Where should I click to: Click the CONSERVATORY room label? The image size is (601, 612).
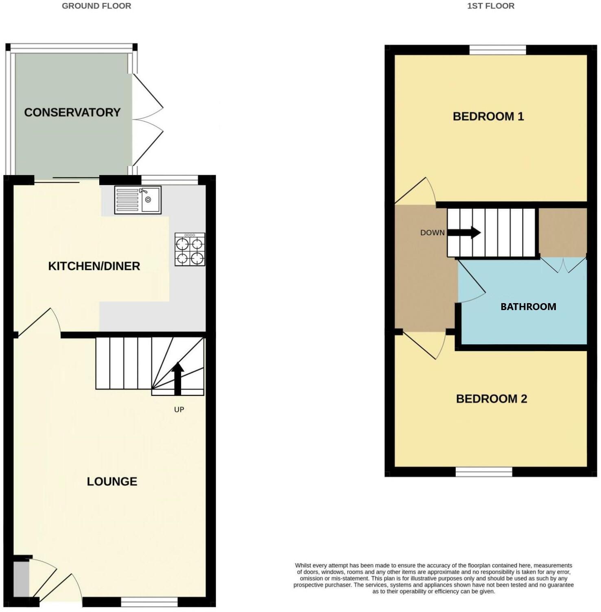[72, 112]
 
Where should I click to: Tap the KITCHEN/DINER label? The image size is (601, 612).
[94, 266]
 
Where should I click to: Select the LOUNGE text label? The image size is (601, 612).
[112, 481]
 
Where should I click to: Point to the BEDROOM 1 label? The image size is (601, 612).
[488, 116]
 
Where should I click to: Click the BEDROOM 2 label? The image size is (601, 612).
[492, 399]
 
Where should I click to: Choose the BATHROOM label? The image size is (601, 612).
[528, 307]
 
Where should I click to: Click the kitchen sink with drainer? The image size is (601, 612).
[138, 200]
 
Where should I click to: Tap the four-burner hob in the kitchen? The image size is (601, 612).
[190, 250]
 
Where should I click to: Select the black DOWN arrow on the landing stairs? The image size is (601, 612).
[464, 233]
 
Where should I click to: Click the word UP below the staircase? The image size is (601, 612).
[179, 409]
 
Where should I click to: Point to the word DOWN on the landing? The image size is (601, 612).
[432, 233]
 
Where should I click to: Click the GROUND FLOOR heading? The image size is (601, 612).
[96, 6]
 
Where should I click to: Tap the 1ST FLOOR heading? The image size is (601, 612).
[491, 6]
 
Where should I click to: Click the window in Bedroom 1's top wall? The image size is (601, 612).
[498, 50]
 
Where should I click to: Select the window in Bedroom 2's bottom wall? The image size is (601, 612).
[484, 472]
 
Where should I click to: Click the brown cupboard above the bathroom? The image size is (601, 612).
[563, 232]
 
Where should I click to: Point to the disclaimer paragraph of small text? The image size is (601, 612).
[433, 578]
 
